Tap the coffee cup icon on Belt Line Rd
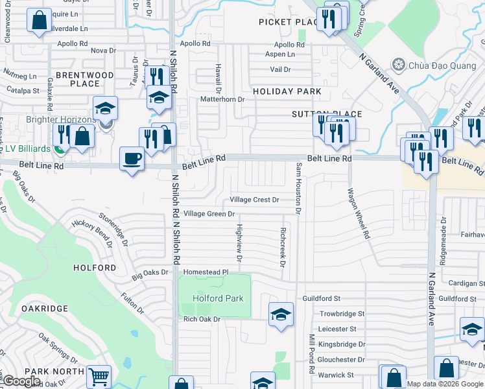132,159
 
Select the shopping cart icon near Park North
98,376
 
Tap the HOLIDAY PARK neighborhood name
287,91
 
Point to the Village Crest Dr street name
255,200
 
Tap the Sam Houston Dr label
299,188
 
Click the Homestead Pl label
206,272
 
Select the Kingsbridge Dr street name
343,344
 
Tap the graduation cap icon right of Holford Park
280,314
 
